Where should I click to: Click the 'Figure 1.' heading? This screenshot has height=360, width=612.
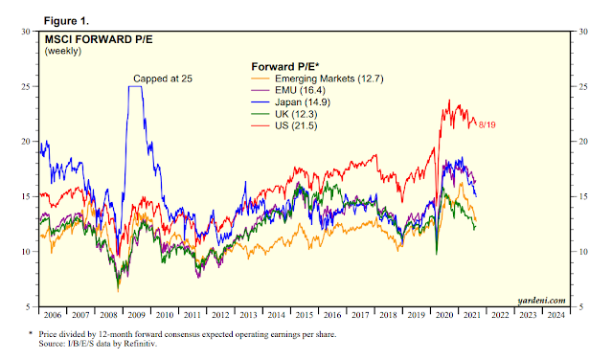coord(66,21)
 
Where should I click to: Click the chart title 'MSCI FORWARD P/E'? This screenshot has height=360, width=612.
coord(99,40)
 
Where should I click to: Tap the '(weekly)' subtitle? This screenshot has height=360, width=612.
coord(63,51)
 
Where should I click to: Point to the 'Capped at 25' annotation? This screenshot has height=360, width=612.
coord(163,79)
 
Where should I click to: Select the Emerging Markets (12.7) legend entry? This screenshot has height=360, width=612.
coord(317,79)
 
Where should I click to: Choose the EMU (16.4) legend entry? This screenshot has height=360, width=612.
coord(288,91)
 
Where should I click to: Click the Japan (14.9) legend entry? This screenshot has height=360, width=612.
coord(291,102)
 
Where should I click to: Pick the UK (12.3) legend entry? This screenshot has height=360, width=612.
coord(284,114)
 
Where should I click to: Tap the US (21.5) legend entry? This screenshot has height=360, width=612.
coord(284,126)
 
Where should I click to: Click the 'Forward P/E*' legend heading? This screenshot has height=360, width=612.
coord(285,67)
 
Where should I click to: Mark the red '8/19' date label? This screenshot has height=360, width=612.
coord(487,125)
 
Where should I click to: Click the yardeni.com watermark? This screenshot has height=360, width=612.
coord(541,301)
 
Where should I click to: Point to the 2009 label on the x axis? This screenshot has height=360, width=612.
coord(136,315)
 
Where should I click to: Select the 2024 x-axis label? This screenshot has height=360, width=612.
coord(555,315)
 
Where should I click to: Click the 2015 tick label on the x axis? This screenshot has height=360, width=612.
coord(304,315)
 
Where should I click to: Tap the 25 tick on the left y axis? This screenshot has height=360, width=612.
coord(25,86)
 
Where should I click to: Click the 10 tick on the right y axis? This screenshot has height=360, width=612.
coord(583,252)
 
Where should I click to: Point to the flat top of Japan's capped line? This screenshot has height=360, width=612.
coord(135,86)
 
